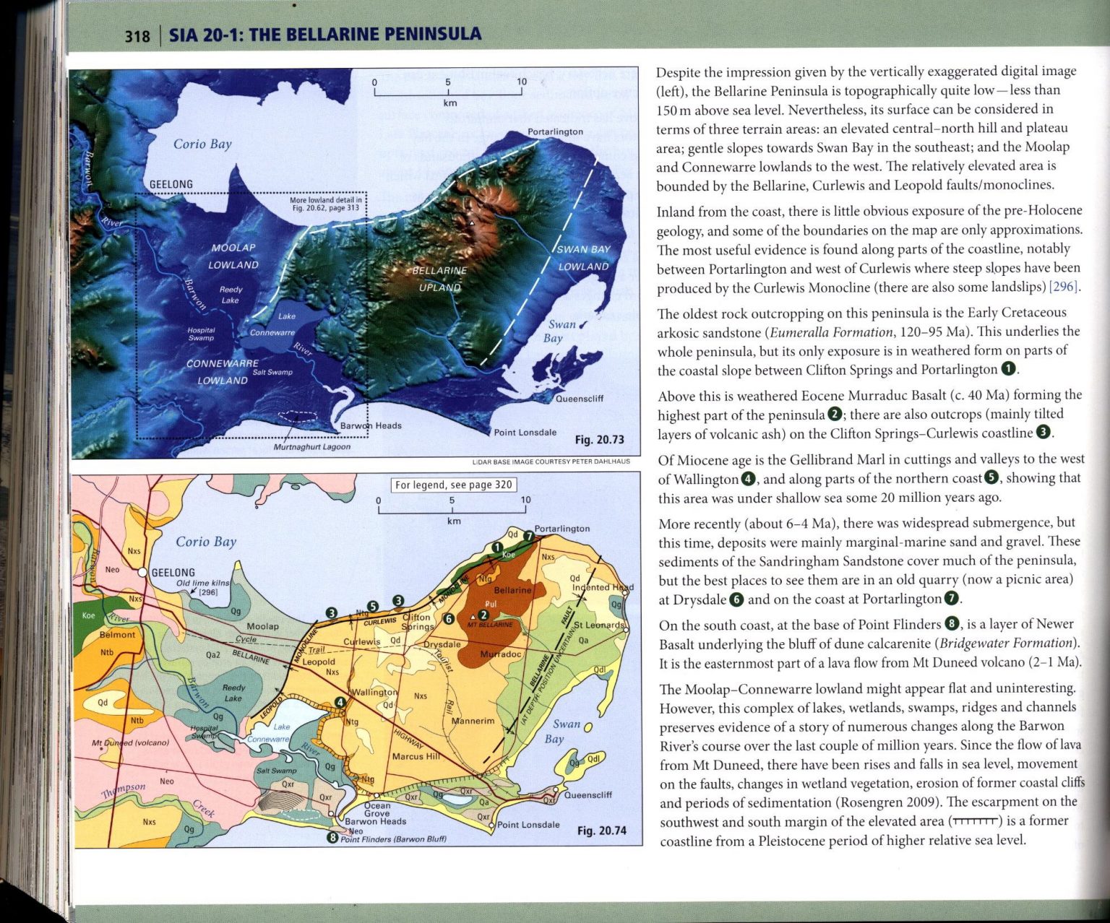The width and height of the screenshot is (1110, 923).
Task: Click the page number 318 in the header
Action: [x=137, y=36]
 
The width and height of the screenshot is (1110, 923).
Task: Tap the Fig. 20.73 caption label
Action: [x=599, y=440]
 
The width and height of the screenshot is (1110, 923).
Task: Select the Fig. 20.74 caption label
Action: [x=601, y=831]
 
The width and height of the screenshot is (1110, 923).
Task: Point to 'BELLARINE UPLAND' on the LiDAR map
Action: [x=439, y=279]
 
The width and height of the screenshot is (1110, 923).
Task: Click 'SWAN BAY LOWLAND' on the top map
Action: [x=583, y=258]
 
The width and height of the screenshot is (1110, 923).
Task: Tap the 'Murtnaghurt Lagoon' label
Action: [x=311, y=447]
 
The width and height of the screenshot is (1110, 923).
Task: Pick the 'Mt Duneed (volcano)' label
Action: [x=130, y=742]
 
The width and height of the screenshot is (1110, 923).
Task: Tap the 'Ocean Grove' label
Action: [x=377, y=810]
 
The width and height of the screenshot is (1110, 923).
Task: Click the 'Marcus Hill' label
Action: [x=416, y=757]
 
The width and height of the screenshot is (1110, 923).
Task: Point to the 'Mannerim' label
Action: [x=473, y=721]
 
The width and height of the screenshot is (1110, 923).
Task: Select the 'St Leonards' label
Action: [x=598, y=625]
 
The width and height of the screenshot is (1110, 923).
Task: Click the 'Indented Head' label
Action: [x=602, y=587]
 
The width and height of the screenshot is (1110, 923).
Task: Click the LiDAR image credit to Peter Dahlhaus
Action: [x=551, y=461]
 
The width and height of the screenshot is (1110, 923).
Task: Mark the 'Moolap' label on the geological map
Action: [x=262, y=626]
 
